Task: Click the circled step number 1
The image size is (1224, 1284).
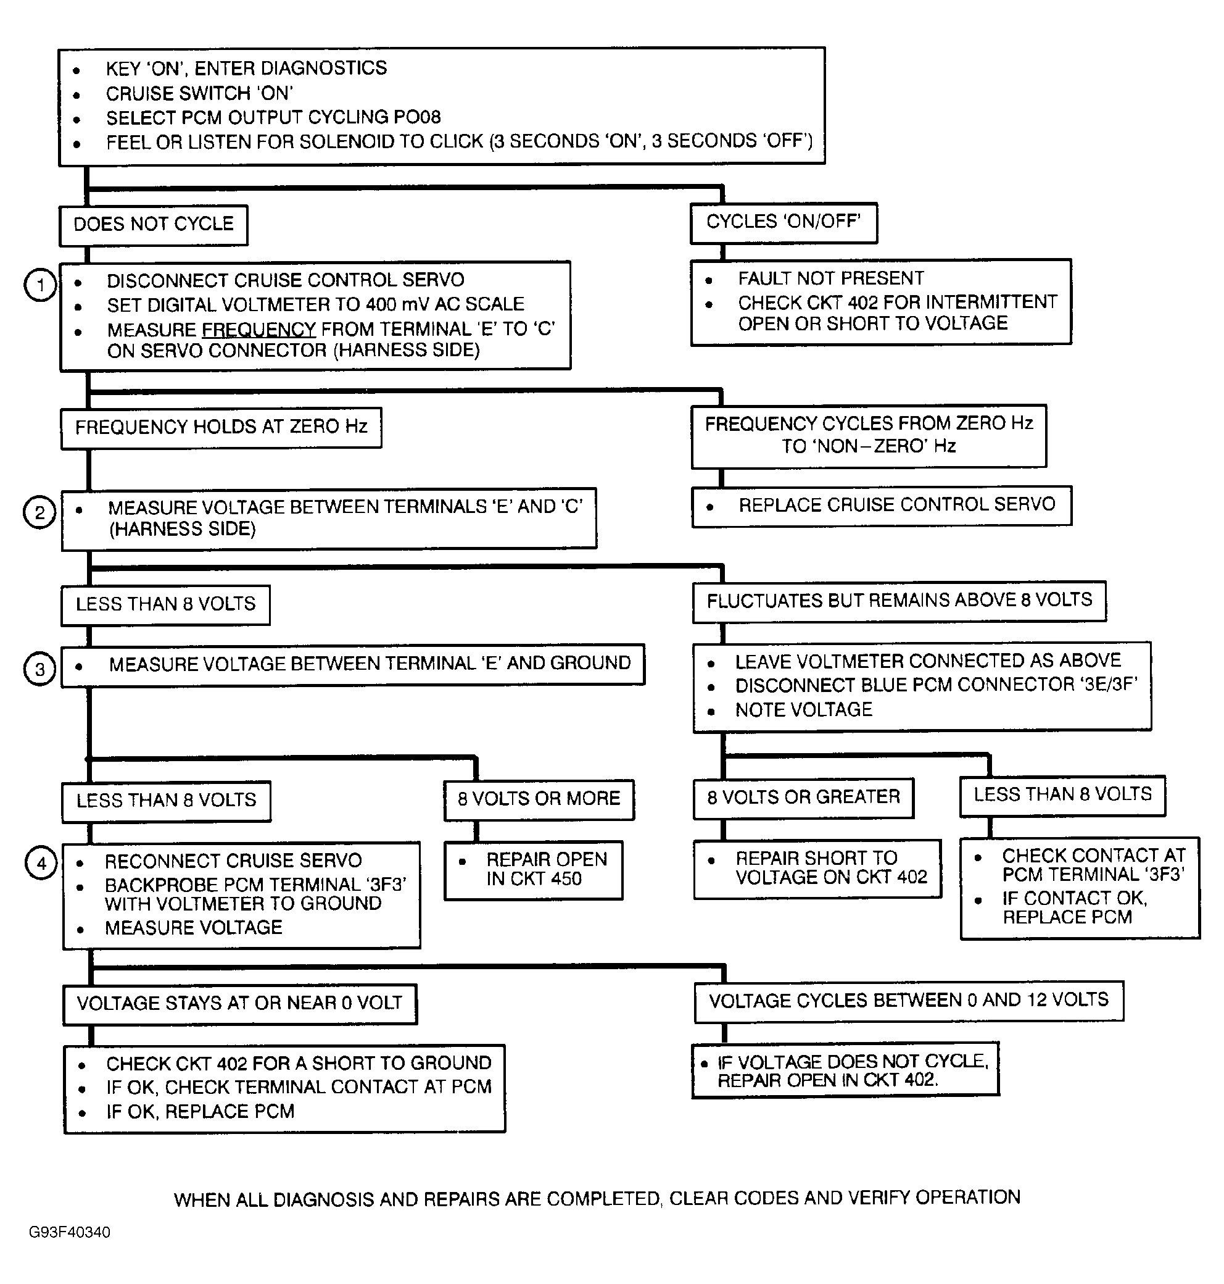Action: click(x=41, y=285)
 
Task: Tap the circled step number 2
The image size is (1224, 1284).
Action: click(x=40, y=512)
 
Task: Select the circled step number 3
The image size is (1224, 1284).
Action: click(x=40, y=669)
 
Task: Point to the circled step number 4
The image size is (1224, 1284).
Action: click(x=41, y=864)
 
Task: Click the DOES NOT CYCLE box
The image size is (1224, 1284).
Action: click(x=154, y=225)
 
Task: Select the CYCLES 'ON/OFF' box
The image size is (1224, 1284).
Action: click(x=784, y=223)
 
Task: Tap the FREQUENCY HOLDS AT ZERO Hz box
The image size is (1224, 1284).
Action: click(x=221, y=428)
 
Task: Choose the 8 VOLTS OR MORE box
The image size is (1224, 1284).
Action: click(x=539, y=799)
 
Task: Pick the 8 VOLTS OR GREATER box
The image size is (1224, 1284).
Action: click(x=803, y=798)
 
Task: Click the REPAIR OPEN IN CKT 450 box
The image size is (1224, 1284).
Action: click(x=534, y=870)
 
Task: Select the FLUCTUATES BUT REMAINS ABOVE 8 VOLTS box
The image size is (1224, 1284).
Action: click(x=899, y=601)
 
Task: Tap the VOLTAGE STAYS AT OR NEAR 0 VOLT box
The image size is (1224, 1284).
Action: click(x=239, y=1004)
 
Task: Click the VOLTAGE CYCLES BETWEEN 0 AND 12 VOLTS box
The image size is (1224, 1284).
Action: click(x=908, y=1001)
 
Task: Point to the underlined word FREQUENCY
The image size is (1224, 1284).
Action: click(x=259, y=329)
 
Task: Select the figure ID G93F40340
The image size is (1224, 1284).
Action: click(x=70, y=1232)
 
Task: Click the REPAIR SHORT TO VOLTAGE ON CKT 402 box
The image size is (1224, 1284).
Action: click(x=817, y=869)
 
